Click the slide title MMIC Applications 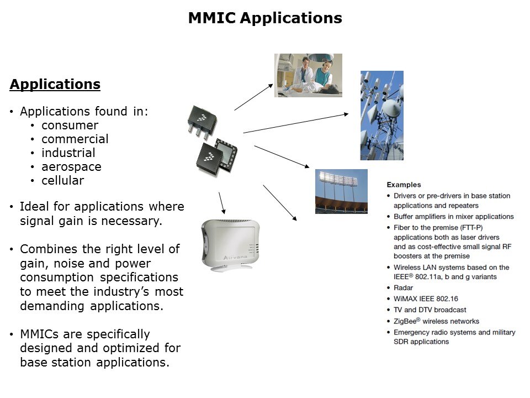click(265, 18)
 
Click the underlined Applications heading click(55, 85)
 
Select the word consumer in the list click(70, 125)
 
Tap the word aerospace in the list click(71, 167)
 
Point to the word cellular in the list click(62, 181)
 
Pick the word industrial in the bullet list click(68, 153)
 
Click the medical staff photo click(308, 75)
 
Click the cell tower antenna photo click(381, 115)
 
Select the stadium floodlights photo click(341, 191)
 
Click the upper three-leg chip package click(203, 122)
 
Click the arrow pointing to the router click(222, 203)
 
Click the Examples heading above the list click(404, 185)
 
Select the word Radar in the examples click(403, 288)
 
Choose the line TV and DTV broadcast click(430, 310)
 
